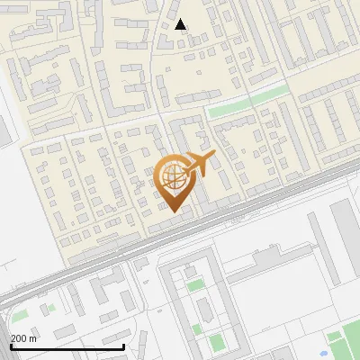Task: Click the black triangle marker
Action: (x=181, y=24)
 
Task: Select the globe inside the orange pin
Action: (x=172, y=176)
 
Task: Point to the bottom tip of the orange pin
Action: (x=172, y=211)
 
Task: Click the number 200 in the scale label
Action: (x=20, y=338)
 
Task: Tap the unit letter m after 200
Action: (x=34, y=338)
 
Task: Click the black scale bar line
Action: (x=67, y=346)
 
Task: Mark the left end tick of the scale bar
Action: (x=11, y=346)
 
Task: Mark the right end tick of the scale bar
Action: (x=124, y=346)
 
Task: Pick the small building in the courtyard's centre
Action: (x=202, y=310)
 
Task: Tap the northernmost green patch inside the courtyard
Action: (x=195, y=286)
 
